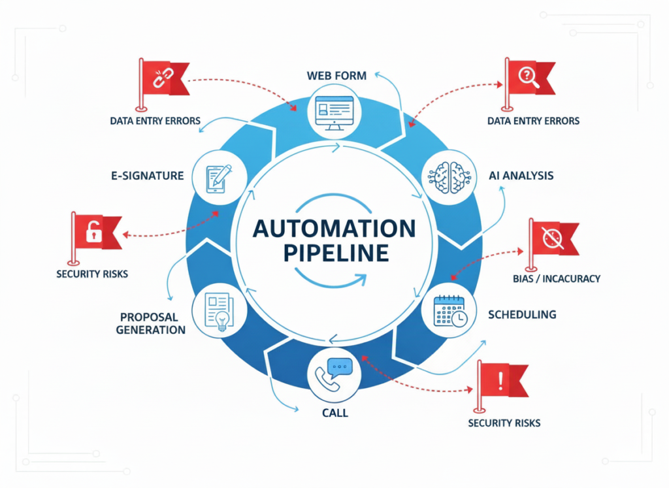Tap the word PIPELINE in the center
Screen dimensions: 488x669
click(334, 252)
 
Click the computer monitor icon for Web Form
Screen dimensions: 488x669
click(334, 111)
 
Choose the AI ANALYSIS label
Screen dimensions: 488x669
click(521, 176)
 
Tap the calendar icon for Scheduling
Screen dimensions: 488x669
click(451, 311)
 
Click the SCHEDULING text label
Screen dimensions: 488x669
click(522, 314)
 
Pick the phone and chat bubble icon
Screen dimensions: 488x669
click(334, 374)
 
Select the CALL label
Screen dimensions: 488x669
click(334, 413)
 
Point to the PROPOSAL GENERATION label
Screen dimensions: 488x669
click(151, 323)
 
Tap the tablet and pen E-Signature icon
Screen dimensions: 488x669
click(219, 174)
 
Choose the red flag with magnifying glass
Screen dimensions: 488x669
click(527, 77)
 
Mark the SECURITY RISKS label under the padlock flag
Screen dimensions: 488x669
click(92, 274)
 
